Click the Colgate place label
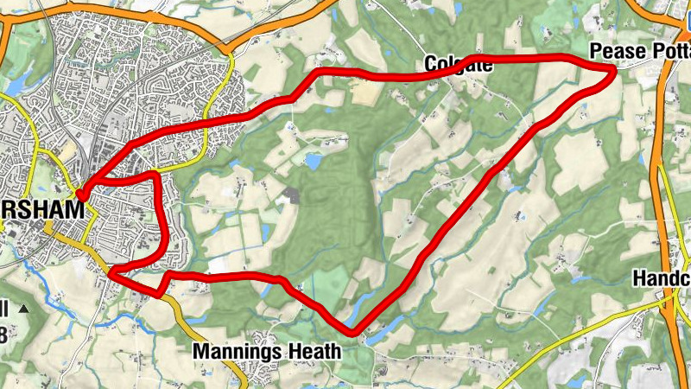pyautogui.click(x=459, y=64)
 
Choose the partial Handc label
pyautogui.click(x=662, y=278)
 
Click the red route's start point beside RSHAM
pyautogui.click(x=80, y=194)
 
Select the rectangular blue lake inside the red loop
pyautogui.click(x=312, y=161)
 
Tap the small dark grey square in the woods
pyautogui.click(x=293, y=195)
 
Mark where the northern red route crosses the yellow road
pyautogui.click(x=213, y=118)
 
